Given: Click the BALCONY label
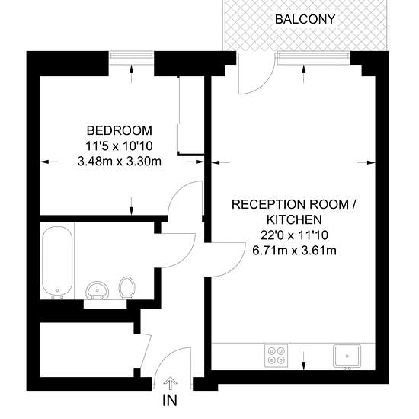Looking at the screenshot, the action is [x=305, y=19].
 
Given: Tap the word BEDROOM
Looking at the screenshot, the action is [x=120, y=130].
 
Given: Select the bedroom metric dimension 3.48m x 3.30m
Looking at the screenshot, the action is [x=120, y=162].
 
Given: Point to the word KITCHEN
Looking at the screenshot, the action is [x=294, y=219].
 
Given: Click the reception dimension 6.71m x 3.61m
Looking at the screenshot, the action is [x=294, y=251].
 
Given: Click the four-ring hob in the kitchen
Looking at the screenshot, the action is [x=276, y=356].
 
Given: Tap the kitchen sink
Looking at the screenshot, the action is [x=347, y=357].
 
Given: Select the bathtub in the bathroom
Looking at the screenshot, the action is [x=57, y=262].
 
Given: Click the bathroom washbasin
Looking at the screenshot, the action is [x=97, y=290].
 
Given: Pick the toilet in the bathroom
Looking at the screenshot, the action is [x=127, y=287].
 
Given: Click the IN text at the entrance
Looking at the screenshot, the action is [x=170, y=400].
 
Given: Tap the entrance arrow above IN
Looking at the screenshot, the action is [x=169, y=384].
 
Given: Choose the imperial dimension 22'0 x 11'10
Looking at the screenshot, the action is [x=294, y=235].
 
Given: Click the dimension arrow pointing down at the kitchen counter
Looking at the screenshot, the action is [x=303, y=361].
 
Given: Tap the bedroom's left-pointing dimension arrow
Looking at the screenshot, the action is [x=50, y=162].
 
